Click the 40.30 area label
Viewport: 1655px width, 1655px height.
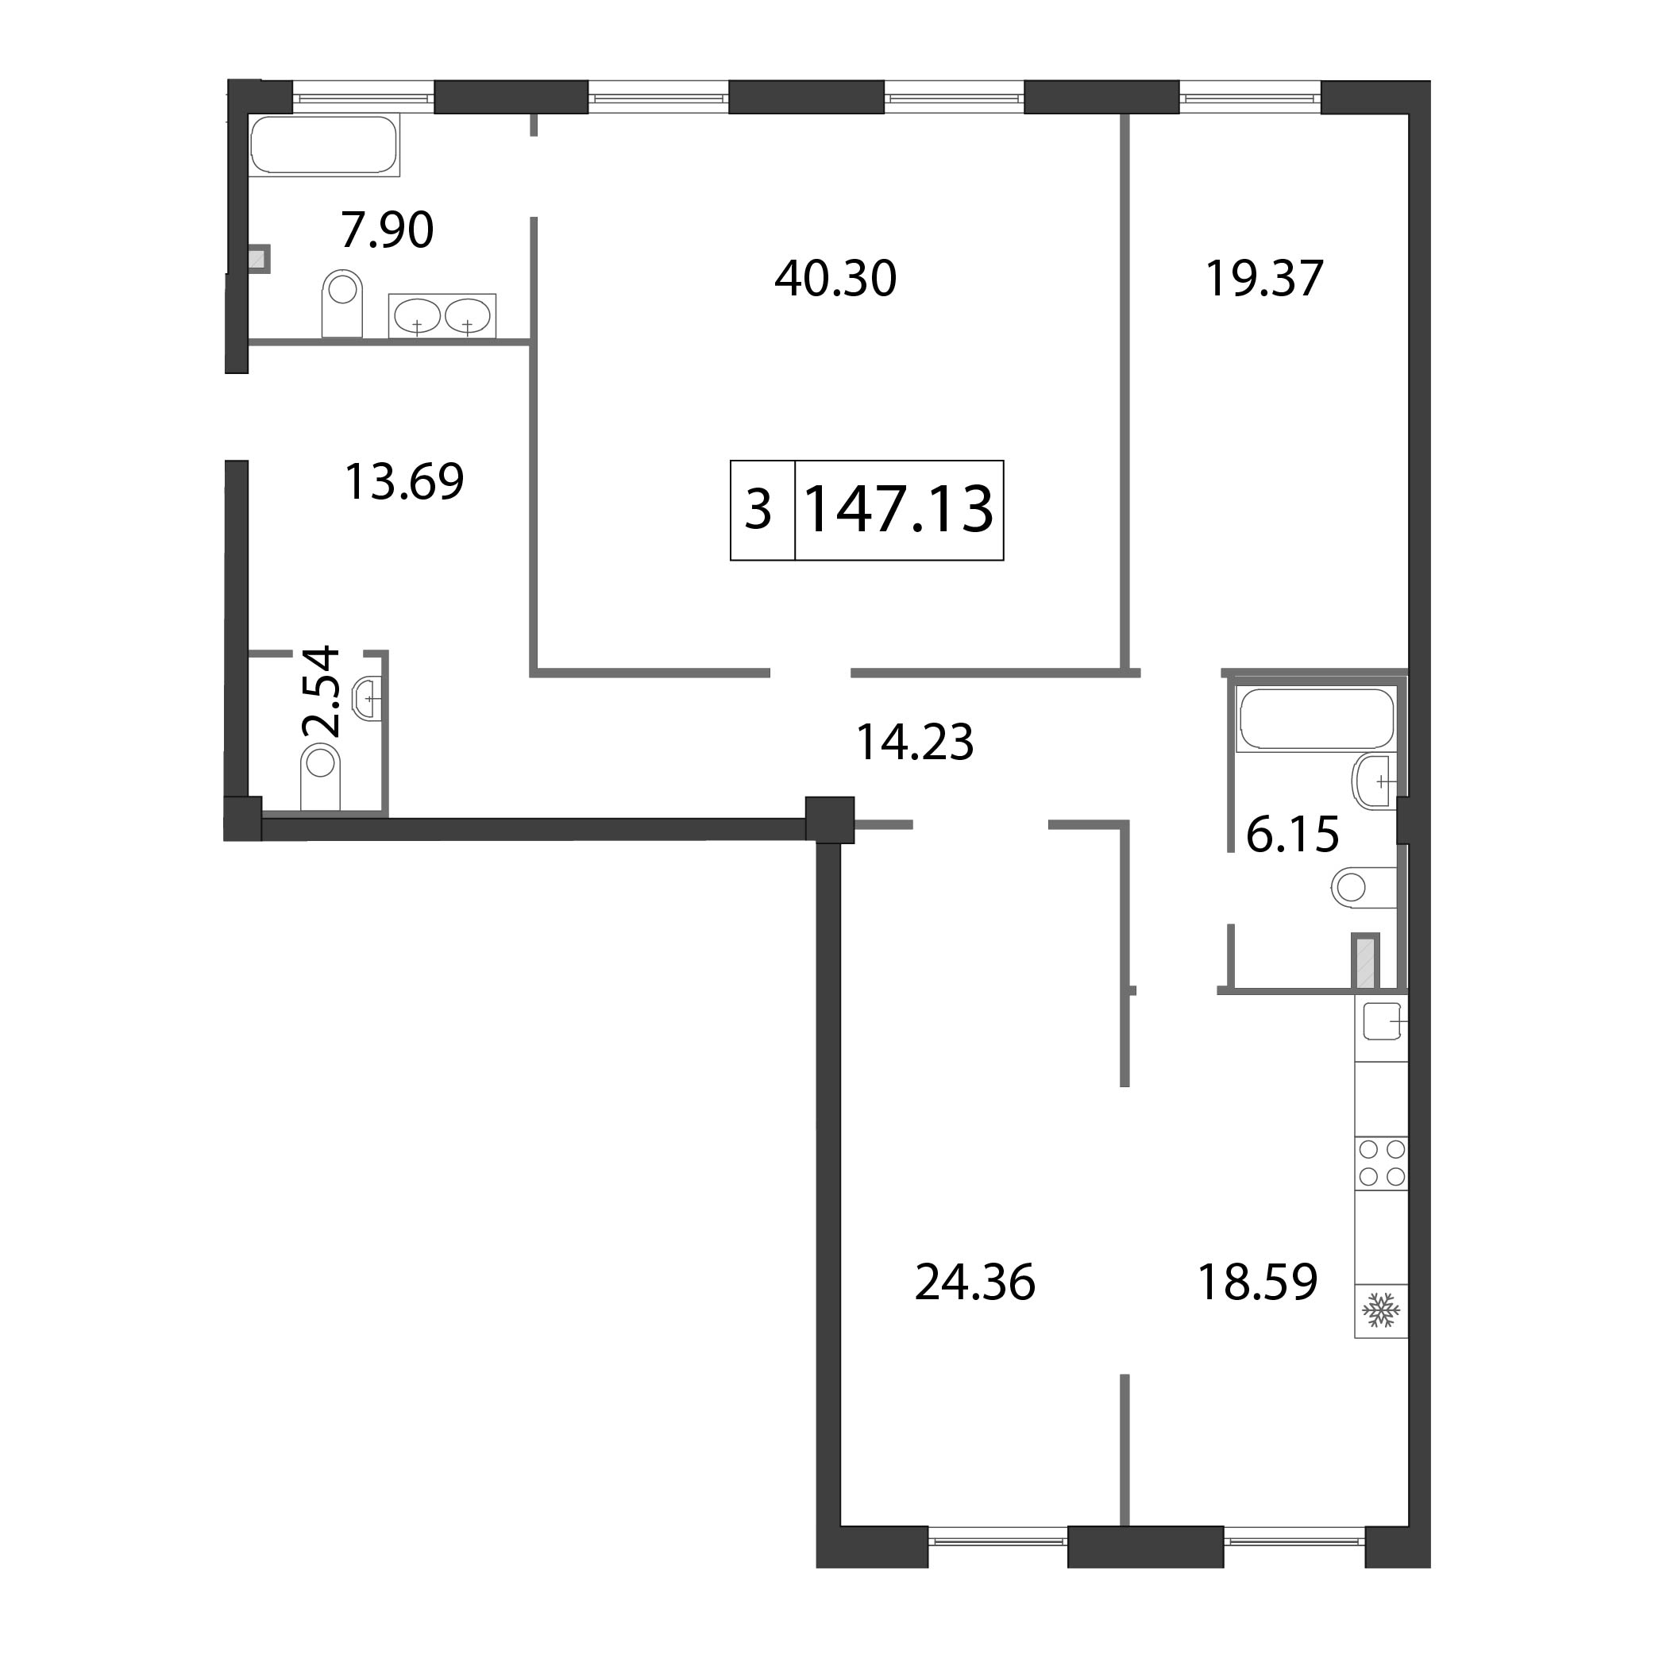835,279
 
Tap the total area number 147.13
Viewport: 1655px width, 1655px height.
900,510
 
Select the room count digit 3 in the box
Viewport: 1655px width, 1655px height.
758,510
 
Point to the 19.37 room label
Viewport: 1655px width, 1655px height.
1264,279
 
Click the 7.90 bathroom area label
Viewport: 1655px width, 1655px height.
388,230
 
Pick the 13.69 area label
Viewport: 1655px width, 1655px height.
403,481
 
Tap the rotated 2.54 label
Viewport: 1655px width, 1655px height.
322,692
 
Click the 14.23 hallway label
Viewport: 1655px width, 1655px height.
915,742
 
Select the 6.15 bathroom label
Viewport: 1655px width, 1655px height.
1292,835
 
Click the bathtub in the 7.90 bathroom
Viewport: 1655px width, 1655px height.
325,145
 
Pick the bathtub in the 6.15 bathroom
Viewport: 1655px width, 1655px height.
1317,719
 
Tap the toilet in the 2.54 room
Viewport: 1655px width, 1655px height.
320,776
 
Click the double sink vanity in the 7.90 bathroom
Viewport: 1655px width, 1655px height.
442,316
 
